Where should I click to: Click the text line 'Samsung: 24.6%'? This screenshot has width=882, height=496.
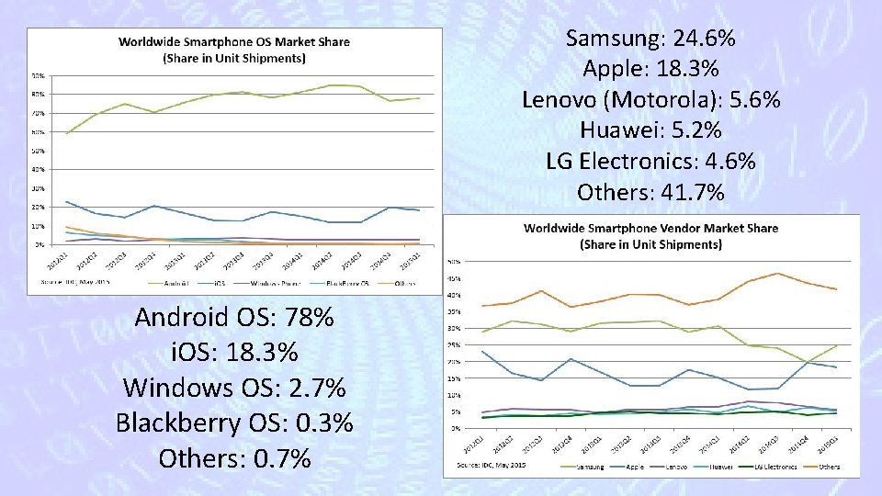click(650, 39)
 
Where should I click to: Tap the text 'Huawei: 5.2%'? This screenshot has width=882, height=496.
click(650, 130)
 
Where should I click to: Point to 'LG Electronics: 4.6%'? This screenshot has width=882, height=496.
click(650, 162)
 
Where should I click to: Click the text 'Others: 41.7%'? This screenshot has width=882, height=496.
click(650, 193)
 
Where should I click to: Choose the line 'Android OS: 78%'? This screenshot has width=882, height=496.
click(234, 318)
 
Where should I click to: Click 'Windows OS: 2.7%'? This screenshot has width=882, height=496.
click(234, 388)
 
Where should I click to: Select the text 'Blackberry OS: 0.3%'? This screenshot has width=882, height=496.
click(234, 423)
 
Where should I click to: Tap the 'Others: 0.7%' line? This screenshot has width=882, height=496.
click(234, 457)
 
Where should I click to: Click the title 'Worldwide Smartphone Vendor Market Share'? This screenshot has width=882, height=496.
click(650, 229)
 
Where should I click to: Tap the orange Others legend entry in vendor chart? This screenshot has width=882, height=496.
click(822, 467)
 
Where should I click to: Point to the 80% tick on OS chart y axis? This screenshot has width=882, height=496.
click(40, 95)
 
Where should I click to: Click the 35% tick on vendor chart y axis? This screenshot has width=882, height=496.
click(454, 312)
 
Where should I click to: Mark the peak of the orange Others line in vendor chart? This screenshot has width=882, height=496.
click(778, 273)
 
